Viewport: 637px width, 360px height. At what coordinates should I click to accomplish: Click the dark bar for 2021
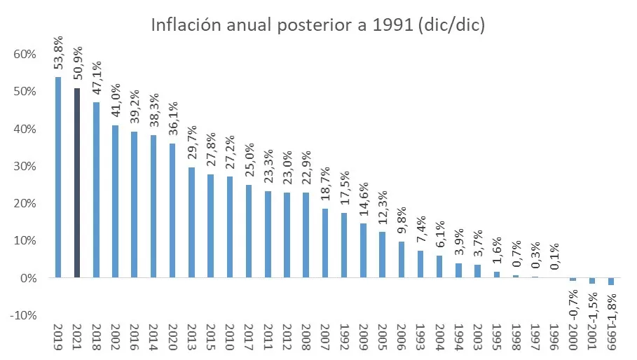coord(77,183)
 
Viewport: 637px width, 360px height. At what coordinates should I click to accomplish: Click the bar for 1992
coord(344,245)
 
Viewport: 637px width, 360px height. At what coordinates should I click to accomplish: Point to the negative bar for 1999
coord(610,281)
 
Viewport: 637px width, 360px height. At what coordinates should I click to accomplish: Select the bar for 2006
coord(401,259)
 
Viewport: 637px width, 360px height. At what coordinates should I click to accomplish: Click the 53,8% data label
coord(58,53)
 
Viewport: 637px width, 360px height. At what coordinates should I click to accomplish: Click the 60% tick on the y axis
coord(25,55)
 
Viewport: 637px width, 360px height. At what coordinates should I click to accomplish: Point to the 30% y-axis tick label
coord(25,166)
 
